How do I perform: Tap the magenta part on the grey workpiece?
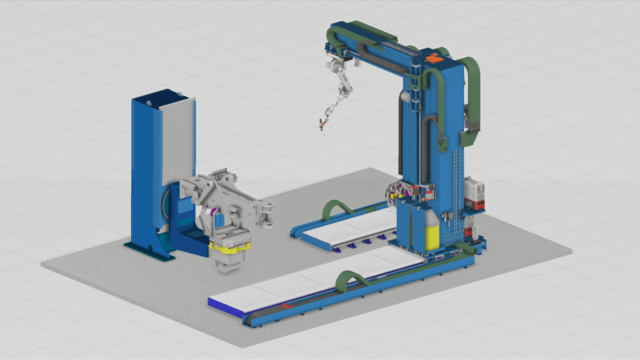point(213,211)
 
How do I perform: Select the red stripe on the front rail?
point(286,306)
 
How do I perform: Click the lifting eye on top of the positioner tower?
point(180,94)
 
